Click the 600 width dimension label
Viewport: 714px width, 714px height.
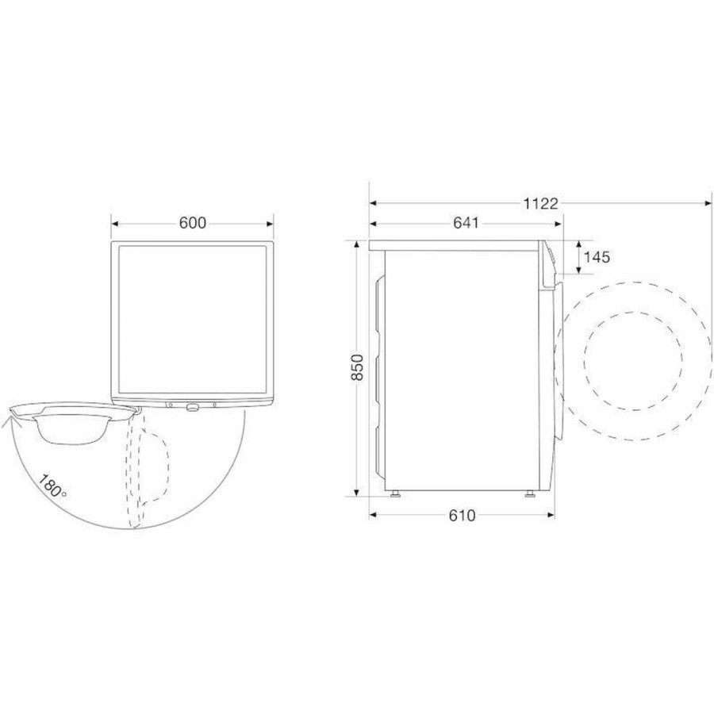tap(192, 223)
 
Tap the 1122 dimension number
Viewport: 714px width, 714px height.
tap(539, 204)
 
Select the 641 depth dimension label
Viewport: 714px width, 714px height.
tap(466, 223)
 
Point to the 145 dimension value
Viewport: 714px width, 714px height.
tap(597, 257)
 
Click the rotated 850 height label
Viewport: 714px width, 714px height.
tap(358, 367)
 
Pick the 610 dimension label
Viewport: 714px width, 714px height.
tap(462, 516)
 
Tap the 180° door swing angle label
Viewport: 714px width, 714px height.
tap(52, 487)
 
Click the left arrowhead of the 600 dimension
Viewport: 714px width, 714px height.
tap(115, 224)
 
